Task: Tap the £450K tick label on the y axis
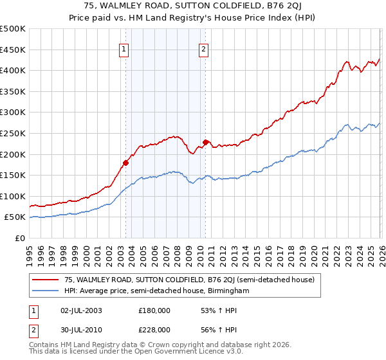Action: pyautogui.click(x=13, y=50)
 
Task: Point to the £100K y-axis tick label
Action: pyautogui.click(x=13, y=196)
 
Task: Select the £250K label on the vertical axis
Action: pyautogui.click(x=13, y=133)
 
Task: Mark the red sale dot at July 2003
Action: pyautogui.click(x=125, y=163)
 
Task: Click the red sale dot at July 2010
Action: pyautogui.click(x=206, y=142)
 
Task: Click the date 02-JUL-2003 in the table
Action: pyautogui.click(x=80, y=310)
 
